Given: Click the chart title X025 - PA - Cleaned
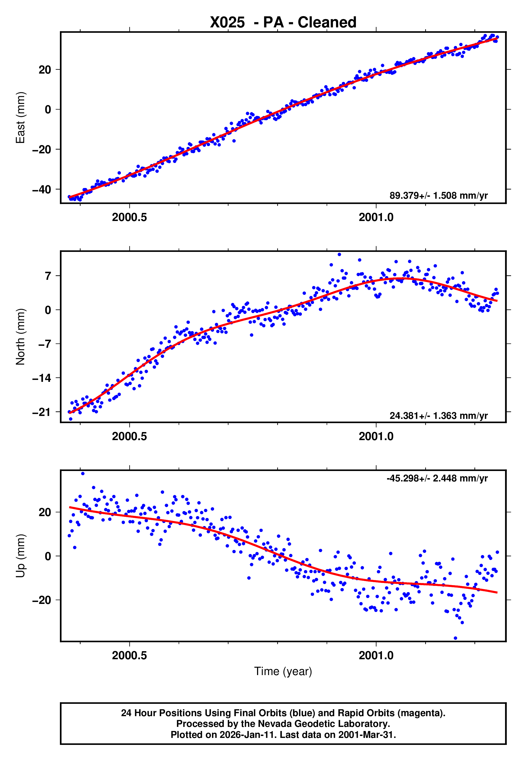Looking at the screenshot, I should point(283,23).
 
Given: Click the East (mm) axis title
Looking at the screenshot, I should point(20,118).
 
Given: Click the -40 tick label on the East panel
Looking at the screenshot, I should point(42,189).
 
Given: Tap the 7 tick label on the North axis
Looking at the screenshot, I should point(48,276).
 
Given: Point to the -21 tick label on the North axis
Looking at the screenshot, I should point(42,412).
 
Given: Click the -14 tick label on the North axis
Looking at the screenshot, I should point(42,378).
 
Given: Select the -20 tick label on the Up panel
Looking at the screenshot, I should point(42,600).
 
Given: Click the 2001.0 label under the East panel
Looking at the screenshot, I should point(376,218).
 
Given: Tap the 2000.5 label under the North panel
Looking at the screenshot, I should point(129,436).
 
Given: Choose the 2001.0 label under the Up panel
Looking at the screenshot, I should point(376,655).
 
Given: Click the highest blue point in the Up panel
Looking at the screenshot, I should point(83,474).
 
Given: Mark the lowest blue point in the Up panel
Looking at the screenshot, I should point(455,638).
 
